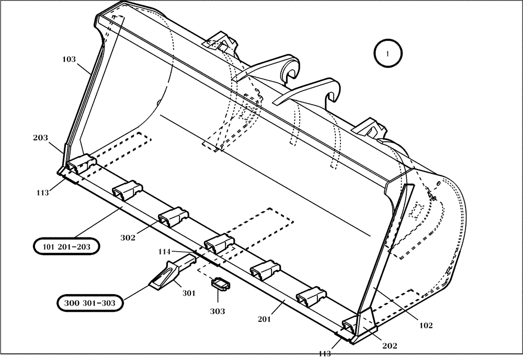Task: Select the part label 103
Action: pyautogui.click(x=69, y=60)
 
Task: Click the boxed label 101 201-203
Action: pyautogui.click(x=66, y=245)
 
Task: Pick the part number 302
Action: pyautogui.click(x=128, y=238)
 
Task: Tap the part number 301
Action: pyautogui.click(x=188, y=293)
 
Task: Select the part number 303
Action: pyautogui.click(x=218, y=311)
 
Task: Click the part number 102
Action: pyautogui.click(x=426, y=325)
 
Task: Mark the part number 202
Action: pyautogui.click(x=390, y=345)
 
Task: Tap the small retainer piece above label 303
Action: pyautogui.click(x=220, y=285)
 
